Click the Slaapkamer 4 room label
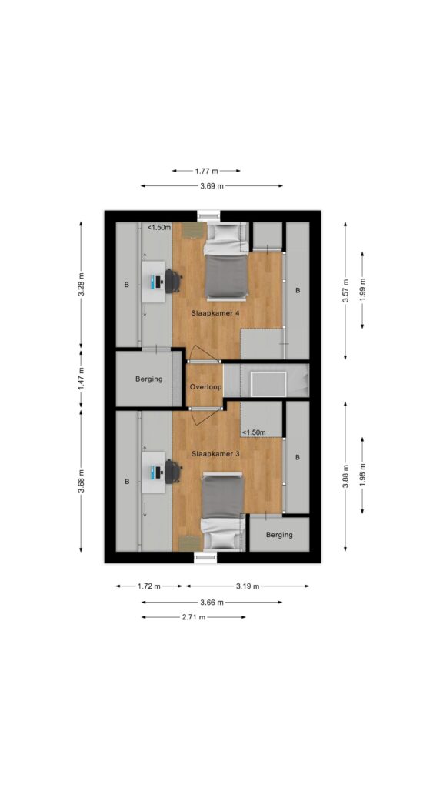[x=215, y=312]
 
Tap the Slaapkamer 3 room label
[x=215, y=453]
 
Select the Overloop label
[x=205, y=387]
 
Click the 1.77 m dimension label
[x=206, y=171]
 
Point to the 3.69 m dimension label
[x=212, y=186]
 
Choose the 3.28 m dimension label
[x=81, y=285]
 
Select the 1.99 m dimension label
[x=362, y=290]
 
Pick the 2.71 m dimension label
[x=193, y=617]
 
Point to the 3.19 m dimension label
[x=248, y=586]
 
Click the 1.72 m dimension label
[x=149, y=586]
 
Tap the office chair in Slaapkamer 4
[x=173, y=281]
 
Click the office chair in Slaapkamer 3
[x=173, y=472]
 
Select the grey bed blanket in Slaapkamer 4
[x=227, y=277]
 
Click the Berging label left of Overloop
[x=149, y=379]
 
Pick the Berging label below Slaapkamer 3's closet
[x=279, y=535]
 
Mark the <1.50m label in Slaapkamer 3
[x=254, y=432]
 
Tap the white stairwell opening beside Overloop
[x=268, y=384]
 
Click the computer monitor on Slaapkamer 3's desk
[x=158, y=472]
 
